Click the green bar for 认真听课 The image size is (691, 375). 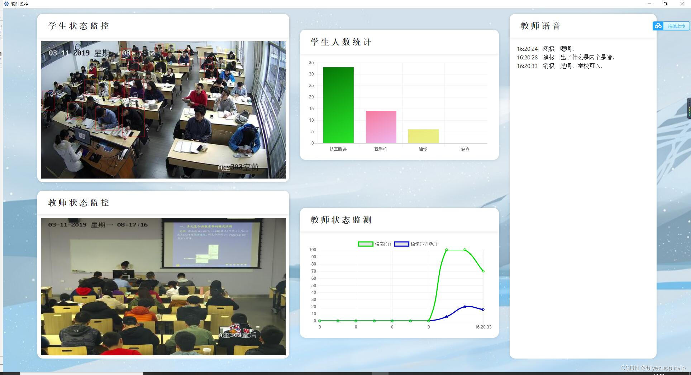[338, 105]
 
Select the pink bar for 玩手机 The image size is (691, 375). [381, 127]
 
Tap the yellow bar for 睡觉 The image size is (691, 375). [423, 136]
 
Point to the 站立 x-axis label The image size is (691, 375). [465, 149]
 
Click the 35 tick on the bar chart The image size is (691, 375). [311, 63]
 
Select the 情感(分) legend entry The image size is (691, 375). [374, 244]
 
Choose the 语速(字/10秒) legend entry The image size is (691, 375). [416, 244]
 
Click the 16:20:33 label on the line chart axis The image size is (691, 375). [483, 327]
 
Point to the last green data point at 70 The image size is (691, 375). [483, 271]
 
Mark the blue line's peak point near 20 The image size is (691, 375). [465, 307]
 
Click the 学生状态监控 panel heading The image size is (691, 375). [78, 26]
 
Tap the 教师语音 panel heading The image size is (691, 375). [540, 26]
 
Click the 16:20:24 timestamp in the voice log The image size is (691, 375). [527, 49]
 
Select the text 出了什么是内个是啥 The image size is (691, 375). [587, 57]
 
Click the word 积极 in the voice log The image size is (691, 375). [548, 49]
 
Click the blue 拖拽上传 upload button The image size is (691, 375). [672, 26]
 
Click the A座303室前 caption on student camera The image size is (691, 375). [238, 167]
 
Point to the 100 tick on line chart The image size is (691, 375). [313, 250]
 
